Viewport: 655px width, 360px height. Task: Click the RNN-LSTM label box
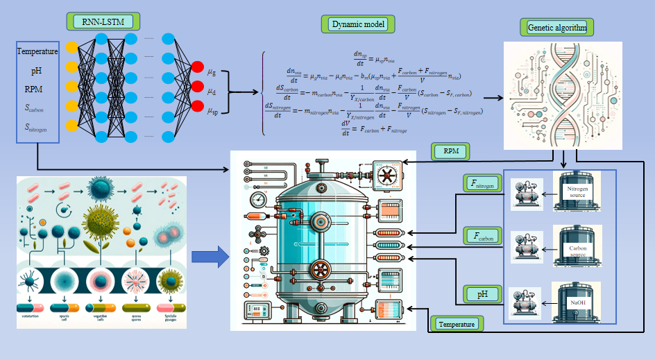point(103,22)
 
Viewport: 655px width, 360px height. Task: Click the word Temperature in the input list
point(37,51)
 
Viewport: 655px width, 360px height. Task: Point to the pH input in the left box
point(36,71)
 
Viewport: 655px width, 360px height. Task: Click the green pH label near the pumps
point(482,294)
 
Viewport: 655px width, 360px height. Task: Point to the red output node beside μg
point(196,68)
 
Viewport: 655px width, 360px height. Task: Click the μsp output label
point(213,110)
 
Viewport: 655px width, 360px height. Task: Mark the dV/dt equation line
point(374,128)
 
